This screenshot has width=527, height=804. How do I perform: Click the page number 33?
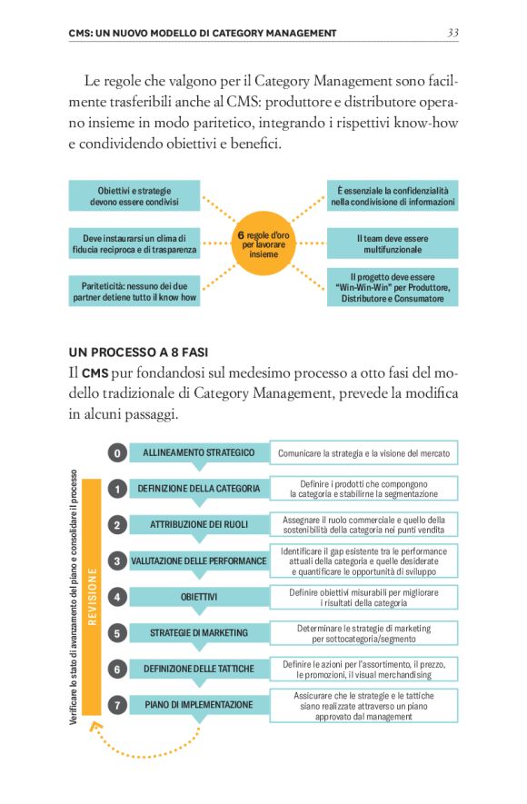452,34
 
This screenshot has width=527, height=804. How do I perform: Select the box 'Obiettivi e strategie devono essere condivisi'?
134,196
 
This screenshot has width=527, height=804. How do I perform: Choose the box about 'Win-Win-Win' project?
393,286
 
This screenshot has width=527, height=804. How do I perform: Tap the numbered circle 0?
117,452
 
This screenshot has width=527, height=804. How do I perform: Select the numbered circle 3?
117,561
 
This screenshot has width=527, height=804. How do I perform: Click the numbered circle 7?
117,704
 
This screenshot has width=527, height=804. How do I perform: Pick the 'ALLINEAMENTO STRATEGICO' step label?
199,452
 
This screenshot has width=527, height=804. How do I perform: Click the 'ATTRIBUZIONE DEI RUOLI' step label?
199,524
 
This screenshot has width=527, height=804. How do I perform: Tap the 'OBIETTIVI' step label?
199,597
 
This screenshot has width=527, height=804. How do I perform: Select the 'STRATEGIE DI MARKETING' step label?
199,632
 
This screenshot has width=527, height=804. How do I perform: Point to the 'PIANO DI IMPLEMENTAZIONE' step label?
199,704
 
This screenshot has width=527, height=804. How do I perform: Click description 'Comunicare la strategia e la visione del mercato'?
363,452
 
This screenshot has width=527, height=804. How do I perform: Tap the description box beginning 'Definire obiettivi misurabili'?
363,597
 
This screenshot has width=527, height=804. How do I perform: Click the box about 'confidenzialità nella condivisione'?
393,196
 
